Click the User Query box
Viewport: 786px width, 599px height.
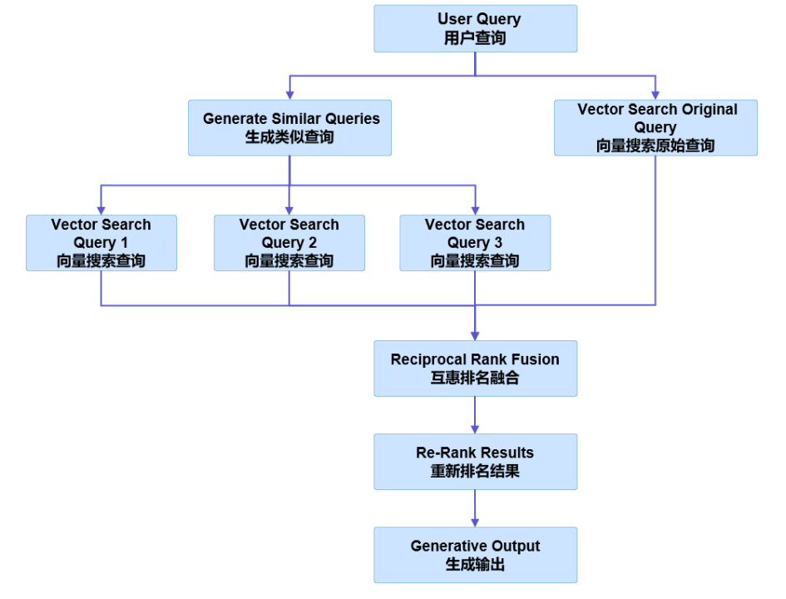pos(475,28)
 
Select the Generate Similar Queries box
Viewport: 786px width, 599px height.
pos(289,127)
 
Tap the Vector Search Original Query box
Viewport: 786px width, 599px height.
pos(655,127)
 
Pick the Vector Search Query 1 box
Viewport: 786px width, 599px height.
pos(101,243)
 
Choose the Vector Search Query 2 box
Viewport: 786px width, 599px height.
pos(289,243)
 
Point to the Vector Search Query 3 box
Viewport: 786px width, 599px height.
pos(475,243)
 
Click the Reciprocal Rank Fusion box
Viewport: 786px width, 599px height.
pos(475,368)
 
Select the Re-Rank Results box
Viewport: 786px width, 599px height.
pos(475,461)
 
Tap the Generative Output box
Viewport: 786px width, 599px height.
pos(475,554)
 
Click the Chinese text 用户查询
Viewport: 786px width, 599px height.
pos(475,38)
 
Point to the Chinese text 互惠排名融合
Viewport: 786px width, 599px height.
pos(475,378)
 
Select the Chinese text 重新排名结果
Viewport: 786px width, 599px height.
pos(475,471)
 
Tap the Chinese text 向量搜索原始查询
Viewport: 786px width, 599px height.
pos(655,146)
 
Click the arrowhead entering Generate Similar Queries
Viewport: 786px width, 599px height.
pos(289,94)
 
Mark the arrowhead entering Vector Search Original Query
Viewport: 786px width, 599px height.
pos(655,94)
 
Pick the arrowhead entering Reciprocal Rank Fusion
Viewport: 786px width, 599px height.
pos(475,334)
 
